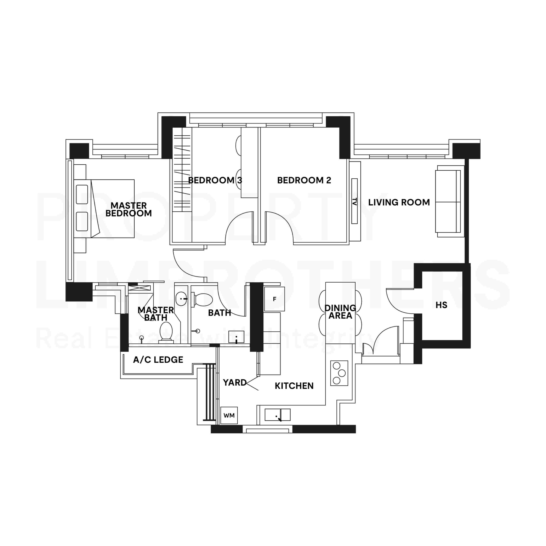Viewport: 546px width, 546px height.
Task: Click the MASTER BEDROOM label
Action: [129, 209]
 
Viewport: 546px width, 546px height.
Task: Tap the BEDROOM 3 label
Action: [215, 180]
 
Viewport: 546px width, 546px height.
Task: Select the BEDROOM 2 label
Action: [304, 180]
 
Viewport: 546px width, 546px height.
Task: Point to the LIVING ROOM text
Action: [399, 202]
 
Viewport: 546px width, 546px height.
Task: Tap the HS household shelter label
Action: [441, 305]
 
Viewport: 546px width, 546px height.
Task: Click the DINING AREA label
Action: [340, 312]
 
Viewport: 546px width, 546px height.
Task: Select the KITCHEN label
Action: [294, 386]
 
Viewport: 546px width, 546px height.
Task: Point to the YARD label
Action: [235, 382]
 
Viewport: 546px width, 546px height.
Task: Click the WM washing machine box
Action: [229, 415]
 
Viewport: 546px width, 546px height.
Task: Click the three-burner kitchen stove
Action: [339, 373]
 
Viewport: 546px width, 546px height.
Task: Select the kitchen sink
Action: [277, 415]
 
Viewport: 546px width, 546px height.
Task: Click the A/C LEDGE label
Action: [158, 360]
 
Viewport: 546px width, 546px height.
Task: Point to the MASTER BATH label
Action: [156, 314]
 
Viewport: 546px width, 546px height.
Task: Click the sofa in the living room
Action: [450, 201]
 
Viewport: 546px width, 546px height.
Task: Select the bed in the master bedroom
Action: [104, 209]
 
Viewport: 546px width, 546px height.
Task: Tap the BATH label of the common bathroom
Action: [220, 313]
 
